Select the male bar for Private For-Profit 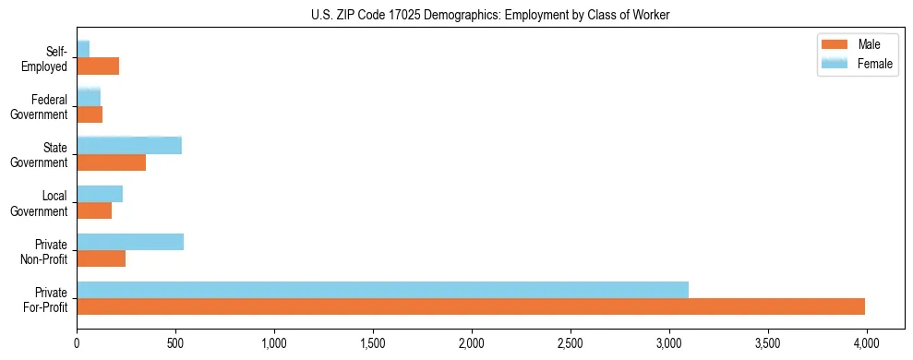click(x=471, y=306)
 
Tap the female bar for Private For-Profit click(x=382, y=290)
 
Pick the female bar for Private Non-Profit click(x=130, y=242)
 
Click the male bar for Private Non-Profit click(x=101, y=258)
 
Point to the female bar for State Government click(x=129, y=146)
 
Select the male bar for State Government click(x=111, y=162)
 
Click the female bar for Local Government click(x=100, y=194)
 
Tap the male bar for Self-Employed click(x=98, y=66)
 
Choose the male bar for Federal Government click(x=90, y=114)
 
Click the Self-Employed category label click(x=49, y=59)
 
